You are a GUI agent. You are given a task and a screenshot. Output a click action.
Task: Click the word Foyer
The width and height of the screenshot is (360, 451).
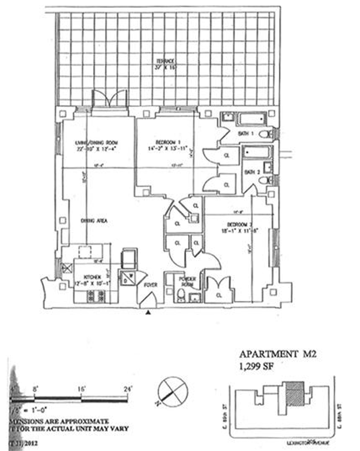tap(143, 286)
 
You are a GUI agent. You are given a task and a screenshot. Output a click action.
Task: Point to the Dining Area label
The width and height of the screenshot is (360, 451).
tap(94, 221)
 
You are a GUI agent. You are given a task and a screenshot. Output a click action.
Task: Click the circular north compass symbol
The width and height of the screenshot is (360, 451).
tap(172, 389)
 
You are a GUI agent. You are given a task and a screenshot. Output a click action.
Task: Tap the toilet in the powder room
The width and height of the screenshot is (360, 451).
tap(180, 294)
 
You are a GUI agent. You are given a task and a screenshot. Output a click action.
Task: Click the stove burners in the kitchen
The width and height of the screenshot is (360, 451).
tap(95, 295)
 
